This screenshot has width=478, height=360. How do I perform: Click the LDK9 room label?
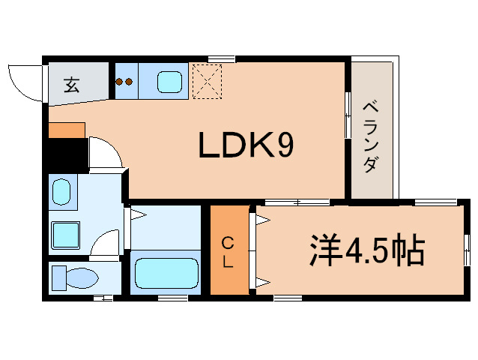pos(245,145)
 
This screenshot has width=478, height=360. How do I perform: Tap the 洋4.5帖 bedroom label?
pos(367,251)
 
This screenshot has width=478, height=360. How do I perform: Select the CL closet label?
pos(229,253)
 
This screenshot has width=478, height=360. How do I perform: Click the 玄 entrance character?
pos(71,85)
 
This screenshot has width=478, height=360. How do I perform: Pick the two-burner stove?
pos(124,81)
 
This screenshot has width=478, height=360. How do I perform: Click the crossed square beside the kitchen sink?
pos(208,81)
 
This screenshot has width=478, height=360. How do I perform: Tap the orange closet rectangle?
pos(229,251)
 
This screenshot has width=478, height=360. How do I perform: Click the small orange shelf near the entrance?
pos(67,130)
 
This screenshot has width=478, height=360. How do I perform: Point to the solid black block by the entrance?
pos(66,156)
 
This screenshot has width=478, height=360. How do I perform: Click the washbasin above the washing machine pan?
pos(61,192)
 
